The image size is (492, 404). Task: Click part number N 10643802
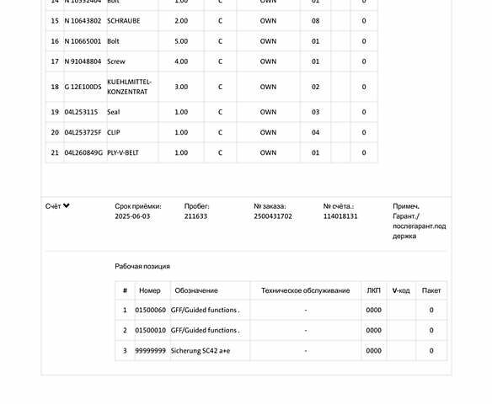point(83,21)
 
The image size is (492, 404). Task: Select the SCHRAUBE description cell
point(124,21)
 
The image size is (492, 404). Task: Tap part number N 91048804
point(83,61)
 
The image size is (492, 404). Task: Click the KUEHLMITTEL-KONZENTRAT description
point(130,87)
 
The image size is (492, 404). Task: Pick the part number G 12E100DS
point(83,87)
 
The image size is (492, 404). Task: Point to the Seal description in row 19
point(114,112)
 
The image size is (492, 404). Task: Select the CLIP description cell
point(114,132)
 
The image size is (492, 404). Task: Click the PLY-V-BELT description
point(123,152)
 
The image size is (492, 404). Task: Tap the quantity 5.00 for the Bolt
point(181,41)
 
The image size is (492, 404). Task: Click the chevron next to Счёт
point(67,205)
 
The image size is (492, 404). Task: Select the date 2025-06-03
point(132,216)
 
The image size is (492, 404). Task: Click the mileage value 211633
point(195,216)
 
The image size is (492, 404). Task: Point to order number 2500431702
point(273,216)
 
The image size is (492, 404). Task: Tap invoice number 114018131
point(340,216)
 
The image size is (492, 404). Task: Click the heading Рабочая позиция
point(142,266)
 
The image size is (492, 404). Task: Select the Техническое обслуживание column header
point(305,290)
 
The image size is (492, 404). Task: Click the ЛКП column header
point(374,290)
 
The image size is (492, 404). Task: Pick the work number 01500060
point(151,311)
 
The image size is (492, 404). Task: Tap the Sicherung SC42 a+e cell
point(200,351)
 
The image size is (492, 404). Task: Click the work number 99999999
point(151,351)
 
